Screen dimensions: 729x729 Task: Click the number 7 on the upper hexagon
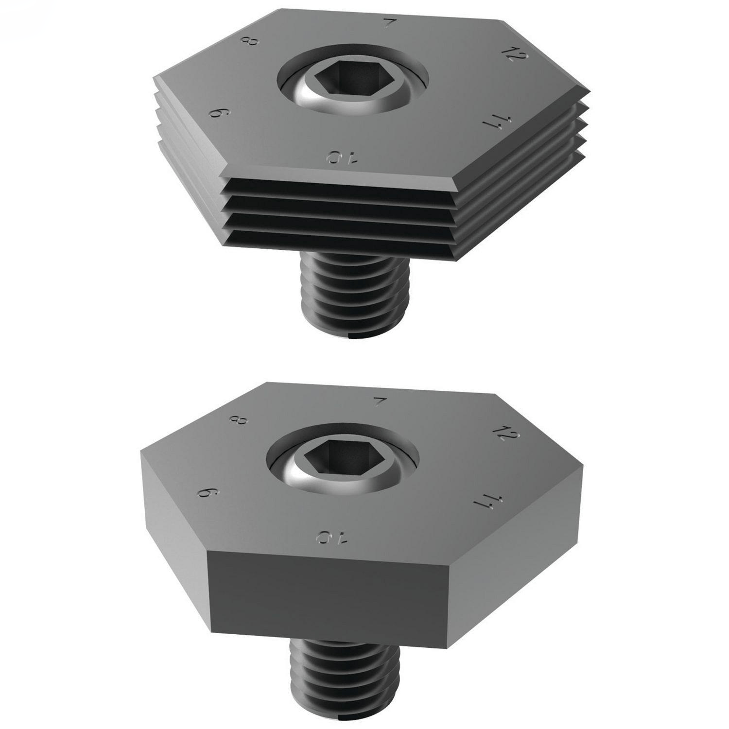388,23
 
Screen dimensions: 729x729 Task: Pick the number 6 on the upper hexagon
218,115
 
